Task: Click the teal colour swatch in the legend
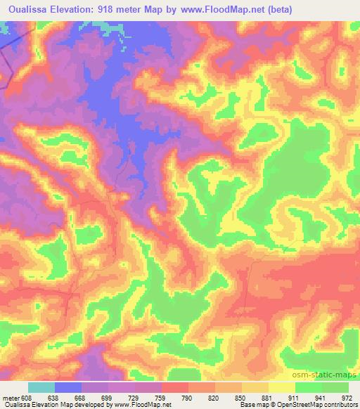(x=41, y=387)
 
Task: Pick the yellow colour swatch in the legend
(x=281, y=387)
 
